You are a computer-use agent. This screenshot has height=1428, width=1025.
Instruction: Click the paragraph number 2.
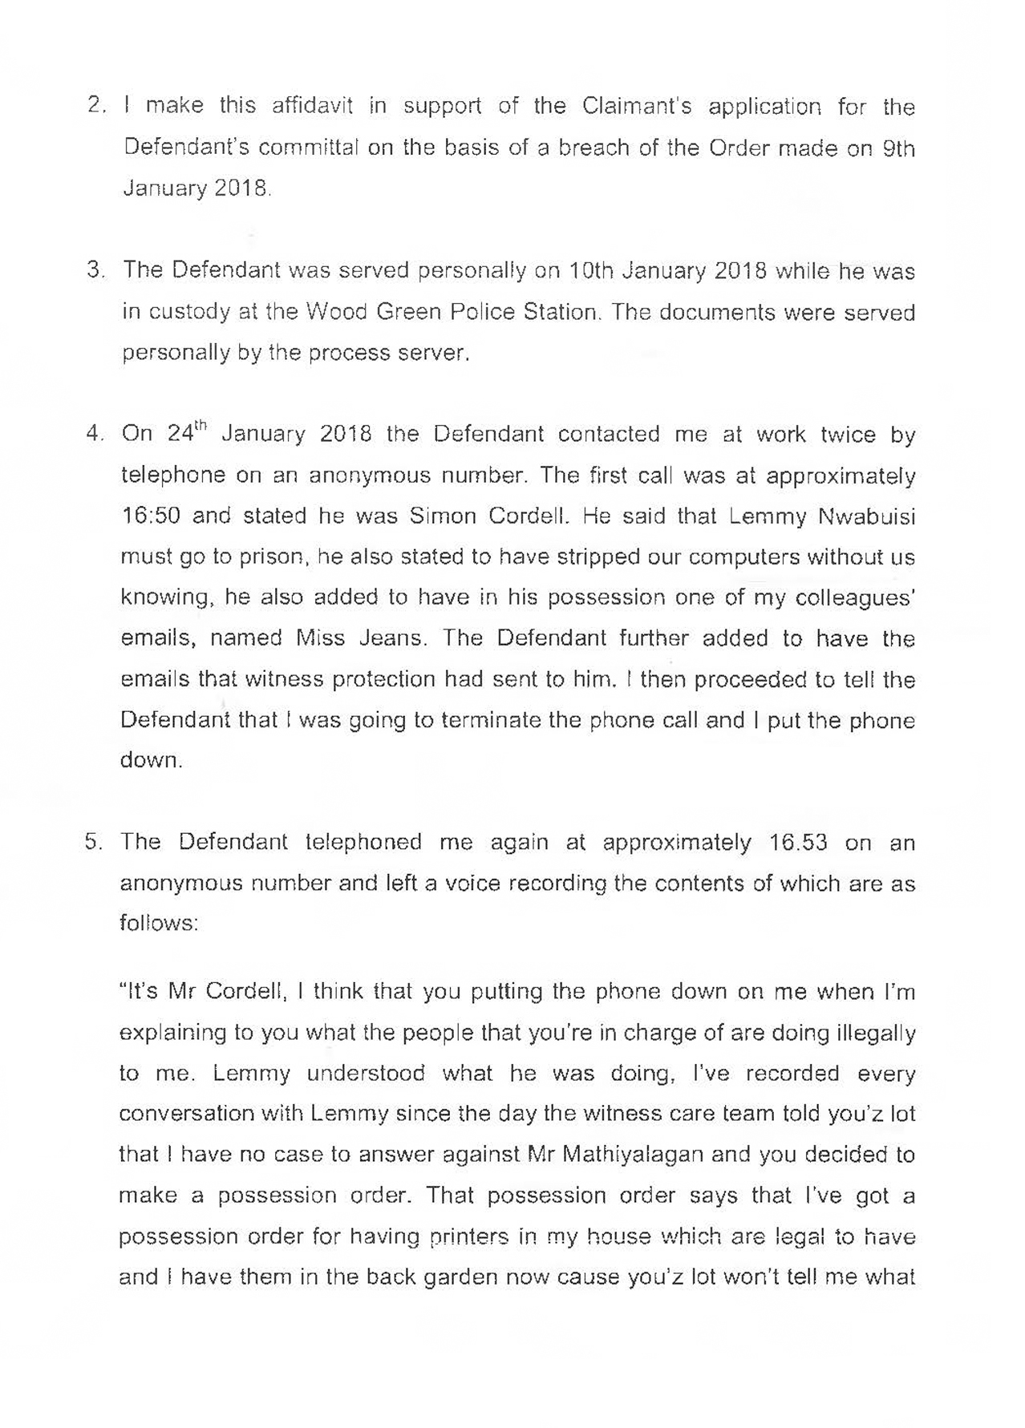pos(95,107)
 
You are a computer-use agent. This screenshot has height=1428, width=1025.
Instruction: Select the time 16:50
pos(152,516)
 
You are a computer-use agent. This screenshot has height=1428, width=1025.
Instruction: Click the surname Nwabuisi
pos(866,516)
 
